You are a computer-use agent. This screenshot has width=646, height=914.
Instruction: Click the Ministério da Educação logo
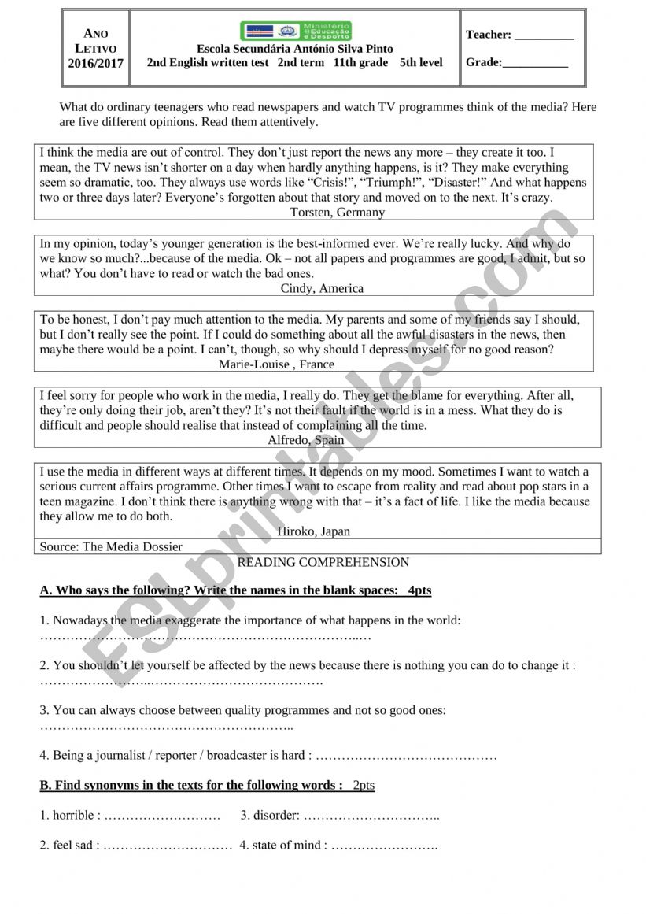click(x=296, y=31)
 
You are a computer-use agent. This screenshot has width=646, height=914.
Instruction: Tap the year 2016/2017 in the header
click(x=96, y=64)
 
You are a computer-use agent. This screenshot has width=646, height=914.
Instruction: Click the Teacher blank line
click(x=544, y=35)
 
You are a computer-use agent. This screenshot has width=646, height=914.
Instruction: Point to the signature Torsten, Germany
click(x=338, y=212)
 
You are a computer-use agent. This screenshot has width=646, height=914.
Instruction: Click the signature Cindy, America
click(x=322, y=288)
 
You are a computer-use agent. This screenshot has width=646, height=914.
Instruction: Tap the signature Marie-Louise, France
click(x=278, y=364)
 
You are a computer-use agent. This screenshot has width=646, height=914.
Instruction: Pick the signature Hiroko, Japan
click(x=314, y=531)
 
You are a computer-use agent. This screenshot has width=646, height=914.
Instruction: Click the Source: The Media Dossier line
click(x=111, y=546)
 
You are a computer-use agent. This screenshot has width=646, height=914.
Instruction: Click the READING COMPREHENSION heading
click(x=323, y=562)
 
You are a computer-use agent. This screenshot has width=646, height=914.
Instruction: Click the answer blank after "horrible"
click(x=162, y=816)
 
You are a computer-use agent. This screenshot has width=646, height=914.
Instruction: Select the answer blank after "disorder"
click(x=371, y=816)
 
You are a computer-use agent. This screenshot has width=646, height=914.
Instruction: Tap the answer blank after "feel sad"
click(x=168, y=846)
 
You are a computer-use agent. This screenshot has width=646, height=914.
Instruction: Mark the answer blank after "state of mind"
click(x=385, y=846)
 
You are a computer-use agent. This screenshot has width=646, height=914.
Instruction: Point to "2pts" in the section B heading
click(x=363, y=785)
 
